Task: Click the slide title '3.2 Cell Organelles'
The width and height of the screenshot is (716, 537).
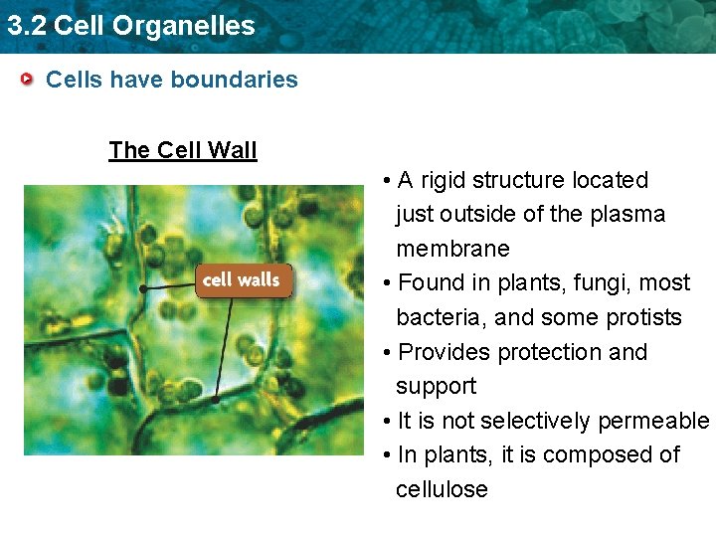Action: [130, 26]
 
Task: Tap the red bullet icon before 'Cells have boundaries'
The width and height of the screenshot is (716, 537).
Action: [31, 80]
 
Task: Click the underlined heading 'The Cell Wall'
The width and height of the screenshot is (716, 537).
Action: [183, 150]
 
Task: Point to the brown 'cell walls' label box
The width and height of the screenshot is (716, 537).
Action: [242, 280]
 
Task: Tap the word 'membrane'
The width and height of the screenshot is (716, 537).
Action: [452, 249]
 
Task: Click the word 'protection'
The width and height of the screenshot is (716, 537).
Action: [552, 352]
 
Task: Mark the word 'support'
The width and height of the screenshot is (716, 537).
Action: [436, 387]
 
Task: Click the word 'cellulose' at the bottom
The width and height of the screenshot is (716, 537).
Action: [442, 489]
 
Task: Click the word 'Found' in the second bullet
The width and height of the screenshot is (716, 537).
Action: [427, 283]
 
